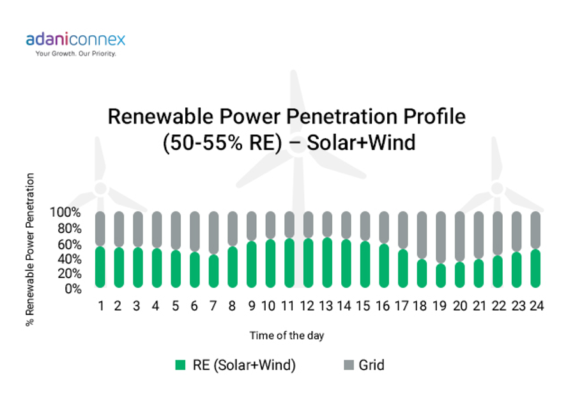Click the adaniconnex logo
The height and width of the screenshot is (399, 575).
75,40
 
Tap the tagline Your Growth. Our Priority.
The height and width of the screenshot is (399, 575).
76,54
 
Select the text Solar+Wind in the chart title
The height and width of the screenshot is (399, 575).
361,143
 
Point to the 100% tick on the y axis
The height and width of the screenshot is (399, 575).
65,212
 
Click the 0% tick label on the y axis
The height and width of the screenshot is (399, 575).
73,289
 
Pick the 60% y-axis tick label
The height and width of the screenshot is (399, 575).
69,244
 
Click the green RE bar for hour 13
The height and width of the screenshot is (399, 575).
327,262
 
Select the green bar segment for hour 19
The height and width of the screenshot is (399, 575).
441,276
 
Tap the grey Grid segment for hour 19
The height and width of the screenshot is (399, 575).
441,237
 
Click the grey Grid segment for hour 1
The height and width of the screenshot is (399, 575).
100,229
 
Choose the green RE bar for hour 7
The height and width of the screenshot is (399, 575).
214,271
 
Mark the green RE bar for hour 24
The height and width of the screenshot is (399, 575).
535,269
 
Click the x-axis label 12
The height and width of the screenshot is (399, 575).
307,306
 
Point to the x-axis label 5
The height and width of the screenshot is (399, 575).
175,306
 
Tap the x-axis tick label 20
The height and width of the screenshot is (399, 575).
460,306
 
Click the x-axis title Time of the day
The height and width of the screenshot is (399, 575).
287,336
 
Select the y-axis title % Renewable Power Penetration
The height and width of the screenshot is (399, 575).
29,249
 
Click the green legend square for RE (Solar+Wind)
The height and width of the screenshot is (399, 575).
180,365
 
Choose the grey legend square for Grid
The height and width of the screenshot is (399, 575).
349,365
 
